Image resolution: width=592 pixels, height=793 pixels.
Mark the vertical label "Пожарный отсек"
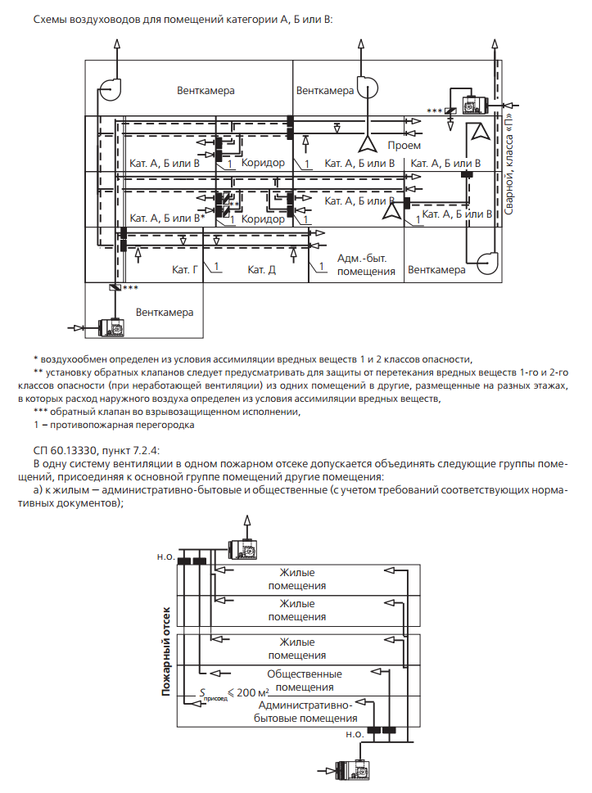[x=166, y=651]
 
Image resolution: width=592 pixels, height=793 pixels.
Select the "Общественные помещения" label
[x=305, y=680]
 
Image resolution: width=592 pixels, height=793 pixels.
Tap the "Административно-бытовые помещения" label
[x=305, y=711]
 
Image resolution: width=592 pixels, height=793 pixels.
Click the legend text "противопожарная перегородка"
[x=123, y=425]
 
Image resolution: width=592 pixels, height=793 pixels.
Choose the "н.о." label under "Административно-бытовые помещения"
[x=355, y=734]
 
